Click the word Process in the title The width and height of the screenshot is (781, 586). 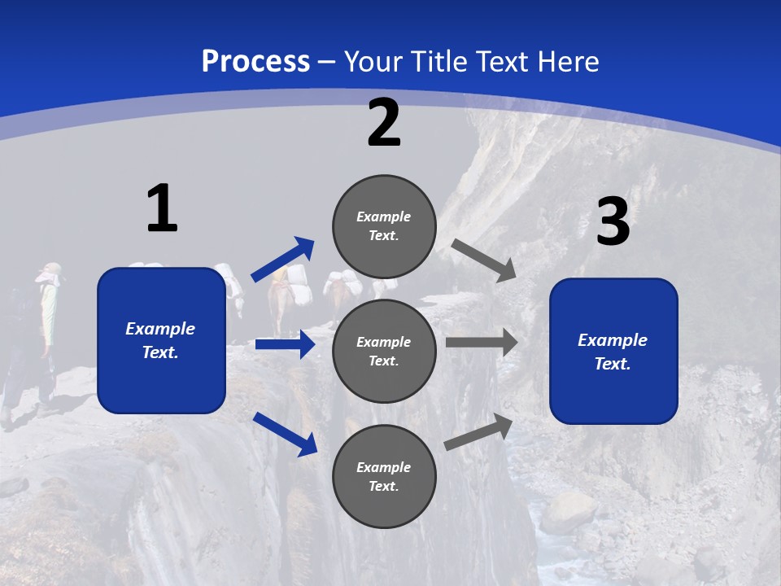(255, 61)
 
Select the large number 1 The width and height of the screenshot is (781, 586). (162, 208)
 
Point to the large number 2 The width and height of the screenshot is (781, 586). (384, 124)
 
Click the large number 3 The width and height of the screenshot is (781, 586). (613, 222)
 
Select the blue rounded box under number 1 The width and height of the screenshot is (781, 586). (161, 340)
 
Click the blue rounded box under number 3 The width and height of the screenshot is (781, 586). (613, 352)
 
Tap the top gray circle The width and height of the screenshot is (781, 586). (384, 225)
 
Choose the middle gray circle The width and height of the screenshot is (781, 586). (384, 351)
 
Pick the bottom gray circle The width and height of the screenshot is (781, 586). (384, 476)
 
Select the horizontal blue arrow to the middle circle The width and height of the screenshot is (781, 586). (285, 344)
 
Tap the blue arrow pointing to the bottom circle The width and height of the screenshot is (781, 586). (285, 434)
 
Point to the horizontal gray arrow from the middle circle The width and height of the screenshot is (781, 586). (482, 342)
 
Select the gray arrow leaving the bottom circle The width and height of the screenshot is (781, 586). (478, 431)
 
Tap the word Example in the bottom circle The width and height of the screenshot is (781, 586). (383, 467)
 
